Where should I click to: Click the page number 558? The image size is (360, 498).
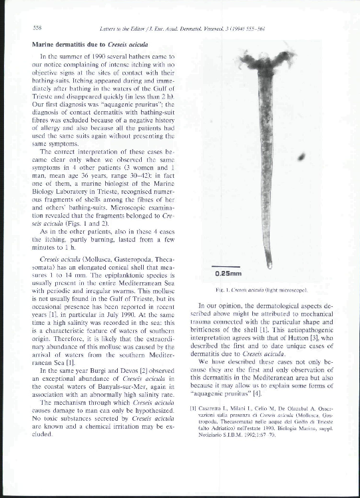(38, 27)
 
